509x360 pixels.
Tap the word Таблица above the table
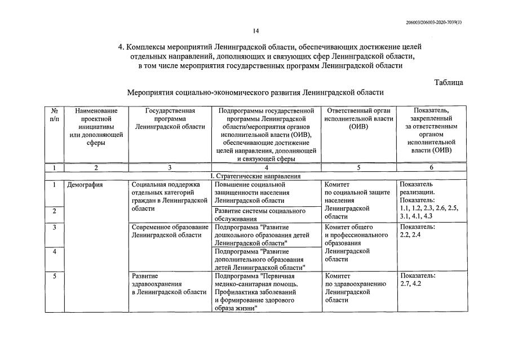click(x=448, y=82)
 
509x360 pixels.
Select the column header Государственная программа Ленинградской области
click(x=170, y=119)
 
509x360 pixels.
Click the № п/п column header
click(x=54, y=115)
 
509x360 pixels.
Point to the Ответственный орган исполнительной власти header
click(x=359, y=119)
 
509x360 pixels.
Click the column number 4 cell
click(x=266, y=167)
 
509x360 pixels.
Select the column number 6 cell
click(x=431, y=167)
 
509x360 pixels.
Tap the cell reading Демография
click(x=85, y=184)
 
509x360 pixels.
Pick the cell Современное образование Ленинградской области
click(x=170, y=231)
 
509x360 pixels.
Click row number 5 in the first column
click(x=54, y=276)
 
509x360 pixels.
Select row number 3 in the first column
click(x=54, y=227)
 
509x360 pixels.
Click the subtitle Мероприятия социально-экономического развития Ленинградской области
click(x=255, y=92)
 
